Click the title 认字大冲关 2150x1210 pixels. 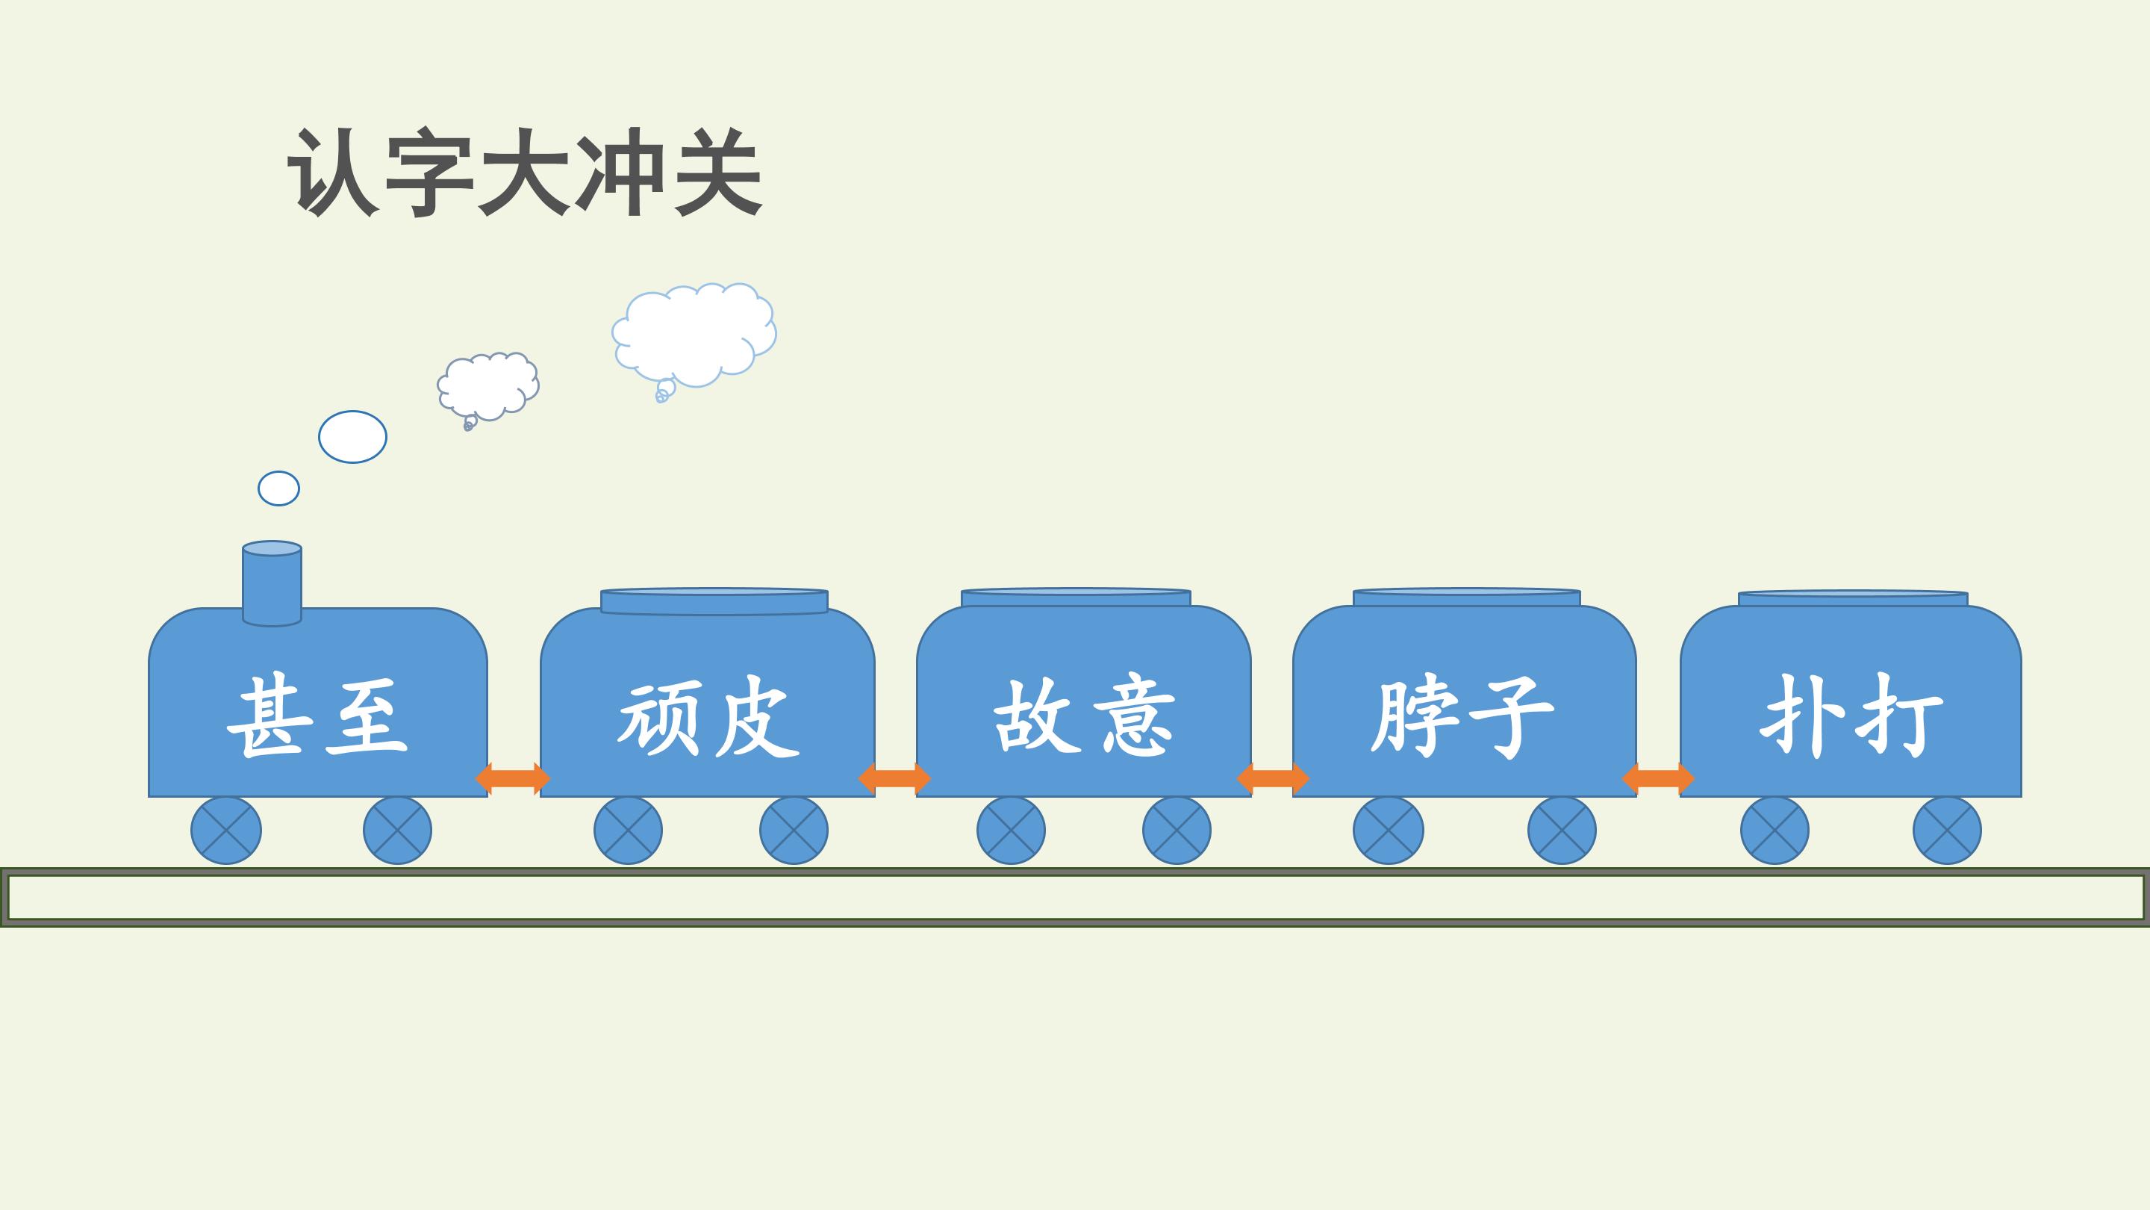(x=524, y=172)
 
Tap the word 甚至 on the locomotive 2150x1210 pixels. (x=317, y=717)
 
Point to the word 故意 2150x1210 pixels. (x=1084, y=717)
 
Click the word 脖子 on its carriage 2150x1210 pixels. (x=1462, y=717)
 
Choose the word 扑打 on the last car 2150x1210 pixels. (x=1851, y=717)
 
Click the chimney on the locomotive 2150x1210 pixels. (x=272, y=583)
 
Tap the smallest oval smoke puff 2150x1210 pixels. (x=278, y=488)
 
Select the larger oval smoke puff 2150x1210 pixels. (x=352, y=437)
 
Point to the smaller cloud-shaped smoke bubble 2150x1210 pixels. (x=488, y=387)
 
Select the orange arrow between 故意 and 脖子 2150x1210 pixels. (x=1273, y=778)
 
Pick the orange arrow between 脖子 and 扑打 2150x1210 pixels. (x=1658, y=778)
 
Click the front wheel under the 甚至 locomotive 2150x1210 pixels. (x=226, y=831)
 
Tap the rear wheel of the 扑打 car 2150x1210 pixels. (x=1947, y=831)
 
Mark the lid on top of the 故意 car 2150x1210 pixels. (x=1076, y=598)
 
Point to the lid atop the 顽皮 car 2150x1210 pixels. (x=714, y=601)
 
